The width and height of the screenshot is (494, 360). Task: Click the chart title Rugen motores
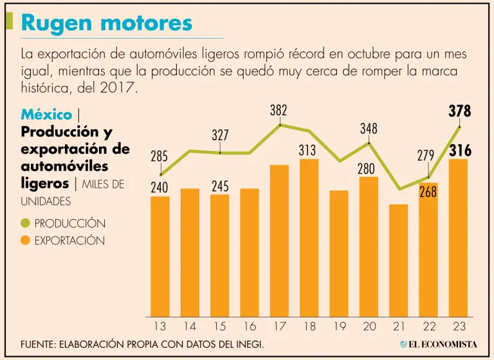pos(107,23)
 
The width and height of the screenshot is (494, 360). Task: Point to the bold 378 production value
pos(459,111)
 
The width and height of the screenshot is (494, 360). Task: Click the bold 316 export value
pos(459,151)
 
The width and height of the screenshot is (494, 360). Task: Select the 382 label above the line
pos(279,111)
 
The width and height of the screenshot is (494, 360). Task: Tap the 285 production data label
pos(160,156)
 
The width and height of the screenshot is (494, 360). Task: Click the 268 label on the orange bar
pos(428,192)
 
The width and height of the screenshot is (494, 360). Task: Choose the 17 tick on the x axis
pos(279,327)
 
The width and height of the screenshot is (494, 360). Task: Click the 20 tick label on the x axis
pos(369,327)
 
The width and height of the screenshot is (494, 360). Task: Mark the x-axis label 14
pos(190,327)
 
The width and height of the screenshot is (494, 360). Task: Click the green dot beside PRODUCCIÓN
pos(26,224)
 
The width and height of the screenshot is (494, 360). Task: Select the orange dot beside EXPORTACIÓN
pos(26,241)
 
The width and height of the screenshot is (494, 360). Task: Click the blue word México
pos(46,114)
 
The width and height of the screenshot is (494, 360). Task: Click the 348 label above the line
pos(369,129)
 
